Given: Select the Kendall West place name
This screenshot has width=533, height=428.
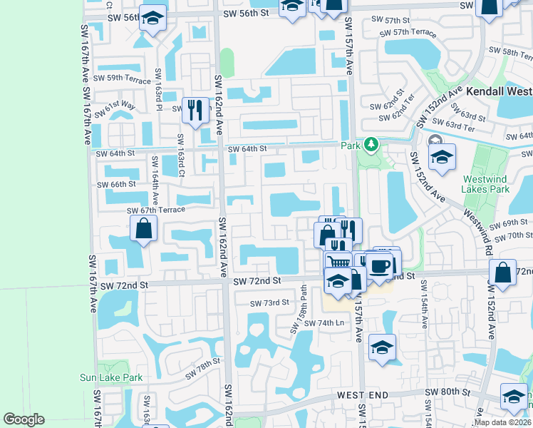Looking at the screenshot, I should click(x=499, y=92).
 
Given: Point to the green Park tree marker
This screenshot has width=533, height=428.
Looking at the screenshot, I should click(x=371, y=146).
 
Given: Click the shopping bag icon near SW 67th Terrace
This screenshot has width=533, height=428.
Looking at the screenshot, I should click(x=143, y=229).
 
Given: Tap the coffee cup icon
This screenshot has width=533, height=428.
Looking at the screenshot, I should click(x=380, y=265).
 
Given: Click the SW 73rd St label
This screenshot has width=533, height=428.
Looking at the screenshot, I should click(x=269, y=302).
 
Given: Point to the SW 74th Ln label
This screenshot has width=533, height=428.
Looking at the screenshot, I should click(x=324, y=323).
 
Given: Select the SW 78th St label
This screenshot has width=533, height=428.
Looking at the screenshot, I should click(x=203, y=370).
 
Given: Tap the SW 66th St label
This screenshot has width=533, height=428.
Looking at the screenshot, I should click(x=113, y=184).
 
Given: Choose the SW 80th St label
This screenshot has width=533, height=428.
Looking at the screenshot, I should click(x=447, y=392).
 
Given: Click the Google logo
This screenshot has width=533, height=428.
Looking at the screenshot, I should click(x=24, y=419).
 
